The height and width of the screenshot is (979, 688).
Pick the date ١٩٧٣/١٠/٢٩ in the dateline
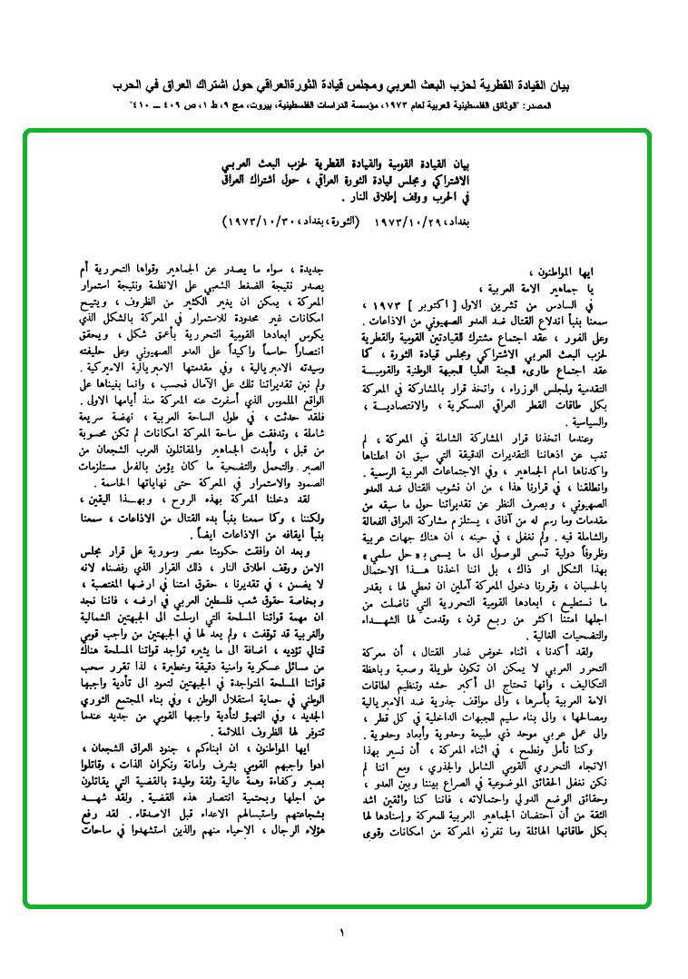coord(405,221)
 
